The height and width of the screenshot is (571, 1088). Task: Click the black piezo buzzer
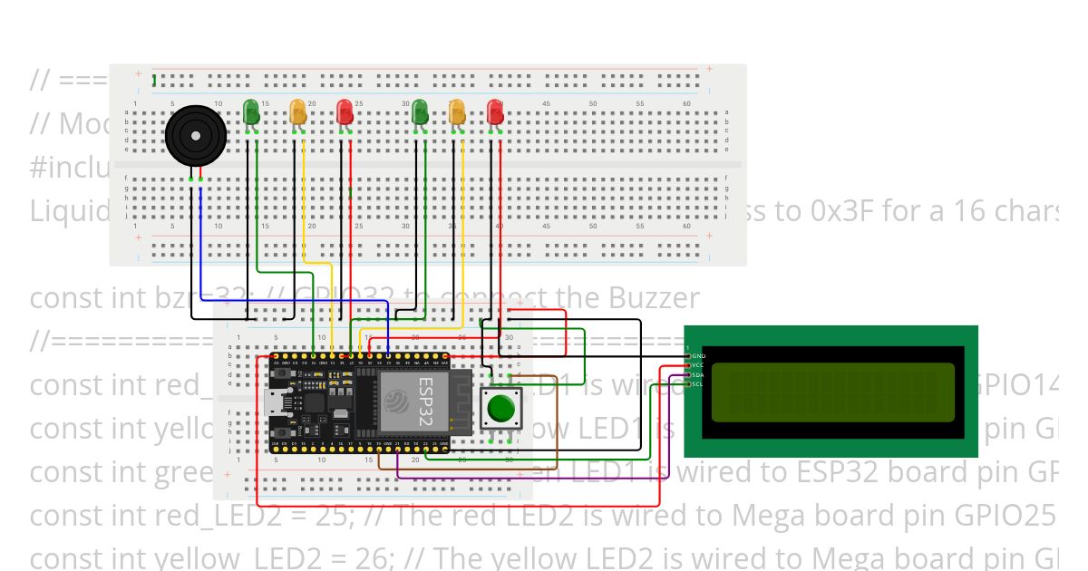pyautogui.click(x=196, y=136)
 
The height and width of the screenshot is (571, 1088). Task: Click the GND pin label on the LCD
pyautogui.click(x=698, y=357)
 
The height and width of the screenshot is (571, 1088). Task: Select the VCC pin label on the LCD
pyautogui.click(x=698, y=366)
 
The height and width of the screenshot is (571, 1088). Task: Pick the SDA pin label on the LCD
pyautogui.click(x=698, y=375)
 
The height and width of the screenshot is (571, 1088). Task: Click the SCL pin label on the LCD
pyautogui.click(x=698, y=384)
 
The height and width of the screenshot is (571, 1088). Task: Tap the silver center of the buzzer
pyautogui.click(x=196, y=134)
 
